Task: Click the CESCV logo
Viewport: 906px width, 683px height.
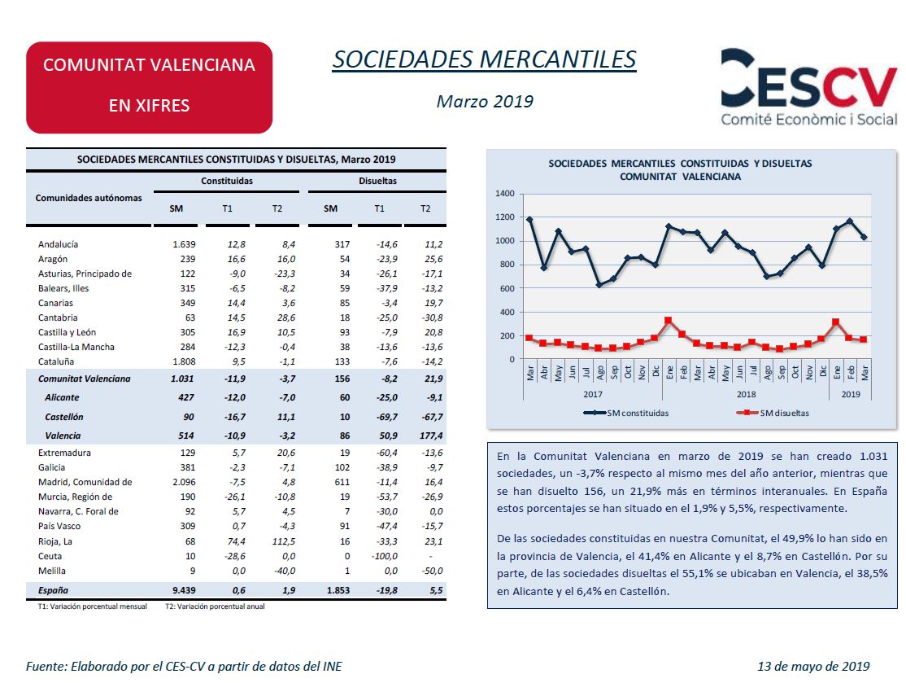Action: (809, 87)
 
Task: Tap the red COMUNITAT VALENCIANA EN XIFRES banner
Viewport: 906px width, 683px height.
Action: (149, 87)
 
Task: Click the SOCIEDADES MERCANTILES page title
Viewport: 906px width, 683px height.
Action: (484, 59)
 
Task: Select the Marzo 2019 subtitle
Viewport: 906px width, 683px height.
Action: (485, 101)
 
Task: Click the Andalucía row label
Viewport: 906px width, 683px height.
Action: (58, 244)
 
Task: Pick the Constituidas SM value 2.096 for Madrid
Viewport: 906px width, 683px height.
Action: (184, 482)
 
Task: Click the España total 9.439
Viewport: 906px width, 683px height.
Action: (184, 590)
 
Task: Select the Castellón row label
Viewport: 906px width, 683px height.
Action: (64, 417)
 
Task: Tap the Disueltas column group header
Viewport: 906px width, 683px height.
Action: (377, 181)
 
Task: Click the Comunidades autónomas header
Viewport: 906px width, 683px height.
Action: (89, 198)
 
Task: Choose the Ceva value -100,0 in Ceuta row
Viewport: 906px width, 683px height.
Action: (384, 556)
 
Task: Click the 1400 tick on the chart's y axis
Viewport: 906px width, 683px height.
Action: (504, 193)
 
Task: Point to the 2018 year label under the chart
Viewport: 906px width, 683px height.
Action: (746, 394)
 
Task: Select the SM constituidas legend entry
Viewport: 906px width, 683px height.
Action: (625, 413)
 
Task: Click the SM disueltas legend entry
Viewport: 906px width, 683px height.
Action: (773, 413)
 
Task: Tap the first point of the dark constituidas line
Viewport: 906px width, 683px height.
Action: (529, 220)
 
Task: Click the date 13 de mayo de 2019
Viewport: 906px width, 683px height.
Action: (813, 666)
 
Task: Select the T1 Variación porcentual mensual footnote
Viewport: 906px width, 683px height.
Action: (93, 606)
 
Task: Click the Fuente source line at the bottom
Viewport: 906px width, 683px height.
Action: (184, 666)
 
